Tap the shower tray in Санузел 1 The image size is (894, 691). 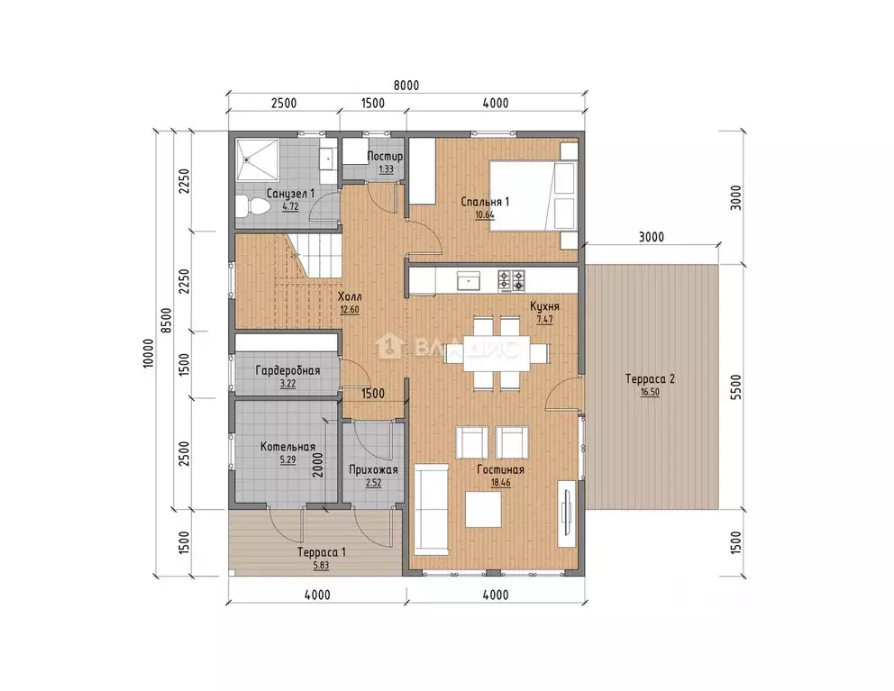pos(257,158)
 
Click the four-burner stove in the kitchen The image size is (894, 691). pos(511,281)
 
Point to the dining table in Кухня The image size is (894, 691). pos(495,353)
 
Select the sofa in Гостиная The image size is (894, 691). pos(431,509)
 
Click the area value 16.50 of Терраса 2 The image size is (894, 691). pos(650,393)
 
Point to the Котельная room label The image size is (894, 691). pos(287,447)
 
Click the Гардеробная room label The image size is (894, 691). pos(287,370)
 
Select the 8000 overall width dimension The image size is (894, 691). pos(406,86)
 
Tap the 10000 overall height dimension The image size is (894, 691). pos(148,353)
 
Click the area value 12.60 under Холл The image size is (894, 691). pos(349,310)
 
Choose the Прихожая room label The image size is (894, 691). pos(373,469)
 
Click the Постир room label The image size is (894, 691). pos(385,156)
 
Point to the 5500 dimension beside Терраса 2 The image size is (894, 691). pos(736,387)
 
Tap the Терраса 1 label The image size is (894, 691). pos(321,552)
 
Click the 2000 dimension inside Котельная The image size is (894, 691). pos(317,465)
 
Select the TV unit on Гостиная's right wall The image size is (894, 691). pos(568,514)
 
